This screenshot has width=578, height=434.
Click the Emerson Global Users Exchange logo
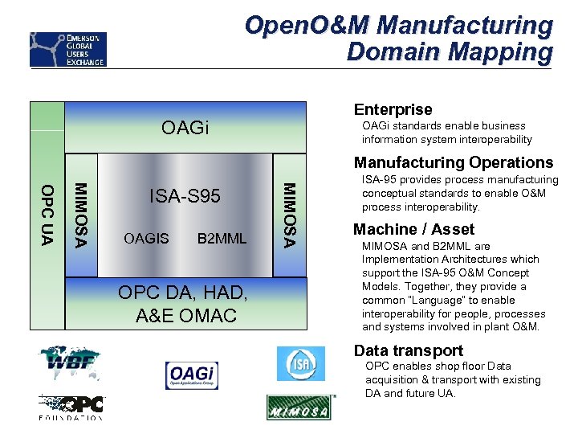pos(67,49)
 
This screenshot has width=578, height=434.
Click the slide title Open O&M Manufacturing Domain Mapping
pos(399,39)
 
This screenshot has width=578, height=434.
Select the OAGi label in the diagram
pos(185,128)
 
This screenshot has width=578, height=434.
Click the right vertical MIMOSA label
pos(290,215)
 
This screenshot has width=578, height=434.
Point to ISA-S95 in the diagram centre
pos(185,196)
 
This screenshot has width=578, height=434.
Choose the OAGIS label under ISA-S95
pos(146,239)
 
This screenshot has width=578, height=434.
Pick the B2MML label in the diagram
pos(222,239)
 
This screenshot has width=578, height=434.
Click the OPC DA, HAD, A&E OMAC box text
pos(185,304)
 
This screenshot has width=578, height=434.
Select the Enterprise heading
pos(393,109)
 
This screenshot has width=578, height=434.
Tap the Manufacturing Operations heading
pos(454,162)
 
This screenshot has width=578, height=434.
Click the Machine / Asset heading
pos(413,229)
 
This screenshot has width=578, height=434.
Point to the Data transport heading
pos(408,350)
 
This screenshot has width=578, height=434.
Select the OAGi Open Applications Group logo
pos(191,375)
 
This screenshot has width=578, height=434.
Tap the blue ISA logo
pos(301,363)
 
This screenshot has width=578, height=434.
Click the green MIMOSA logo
pos(300,407)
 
